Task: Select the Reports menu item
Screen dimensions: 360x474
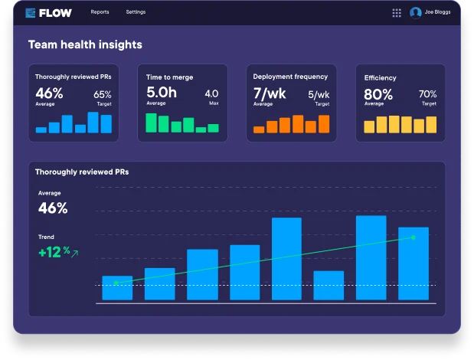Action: click(x=100, y=12)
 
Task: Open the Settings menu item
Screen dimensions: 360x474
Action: click(x=136, y=12)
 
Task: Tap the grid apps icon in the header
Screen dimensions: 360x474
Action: click(x=397, y=12)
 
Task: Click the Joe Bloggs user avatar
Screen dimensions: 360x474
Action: click(x=416, y=12)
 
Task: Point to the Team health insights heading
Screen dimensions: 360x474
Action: click(x=85, y=45)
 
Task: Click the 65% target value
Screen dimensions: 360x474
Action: click(x=103, y=95)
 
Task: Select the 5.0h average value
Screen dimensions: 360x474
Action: click(x=162, y=93)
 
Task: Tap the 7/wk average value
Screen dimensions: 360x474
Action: click(x=270, y=93)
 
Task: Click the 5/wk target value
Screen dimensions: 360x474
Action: click(x=319, y=95)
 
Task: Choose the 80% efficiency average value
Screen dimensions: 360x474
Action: click(x=378, y=94)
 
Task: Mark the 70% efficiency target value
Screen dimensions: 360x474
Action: click(x=427, y=95)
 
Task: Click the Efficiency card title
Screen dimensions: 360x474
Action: click(x=380, y=78)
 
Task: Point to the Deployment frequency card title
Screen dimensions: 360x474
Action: click(x=290, y=77)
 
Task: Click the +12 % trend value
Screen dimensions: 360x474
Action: click(x=54, y=251)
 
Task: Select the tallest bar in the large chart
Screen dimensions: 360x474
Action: click(x=371, y=258)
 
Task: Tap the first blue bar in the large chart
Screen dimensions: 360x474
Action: click(x=117, y=288)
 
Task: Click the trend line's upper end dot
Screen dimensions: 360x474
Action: click(x=414, y=237)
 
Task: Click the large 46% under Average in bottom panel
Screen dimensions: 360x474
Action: click(x=53, y=208)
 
